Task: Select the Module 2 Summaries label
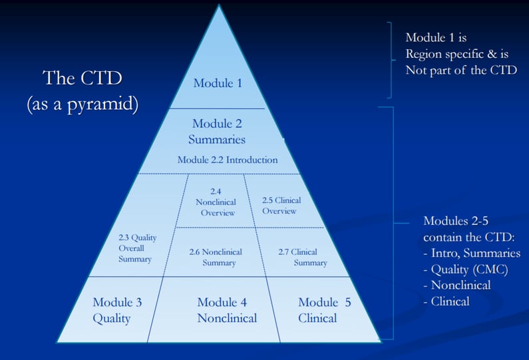pyautogui.click(x=218, y=131)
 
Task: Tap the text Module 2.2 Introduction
pyautogui.click(x=227, y=160)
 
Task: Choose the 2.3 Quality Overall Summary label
pyautogui.click(x=135, y=249)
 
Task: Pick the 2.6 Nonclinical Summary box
pyautogui.click(x=215, y=257)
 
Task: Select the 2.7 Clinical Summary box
pyautogui.click(x=293, y=257)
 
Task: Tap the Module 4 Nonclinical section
pyautogui.click(x=226, y=310)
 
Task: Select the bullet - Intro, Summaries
pyautogui.click(x=472, y=253)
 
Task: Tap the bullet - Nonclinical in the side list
pyautogui.click(x=457, y=285)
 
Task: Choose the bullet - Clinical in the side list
pyautogui.click(x=446, y=301)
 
